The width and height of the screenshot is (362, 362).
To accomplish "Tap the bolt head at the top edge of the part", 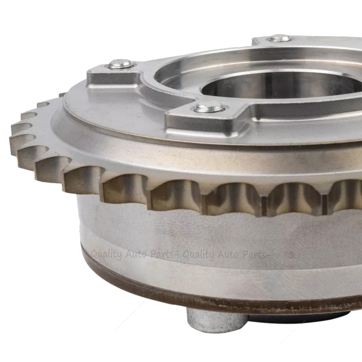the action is coord(279,39).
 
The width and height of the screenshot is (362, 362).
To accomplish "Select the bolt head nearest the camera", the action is coord(209,108).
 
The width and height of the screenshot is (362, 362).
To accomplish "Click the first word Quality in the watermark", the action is coord(106,256).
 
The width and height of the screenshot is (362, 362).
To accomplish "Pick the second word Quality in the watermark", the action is coord(198,256).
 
